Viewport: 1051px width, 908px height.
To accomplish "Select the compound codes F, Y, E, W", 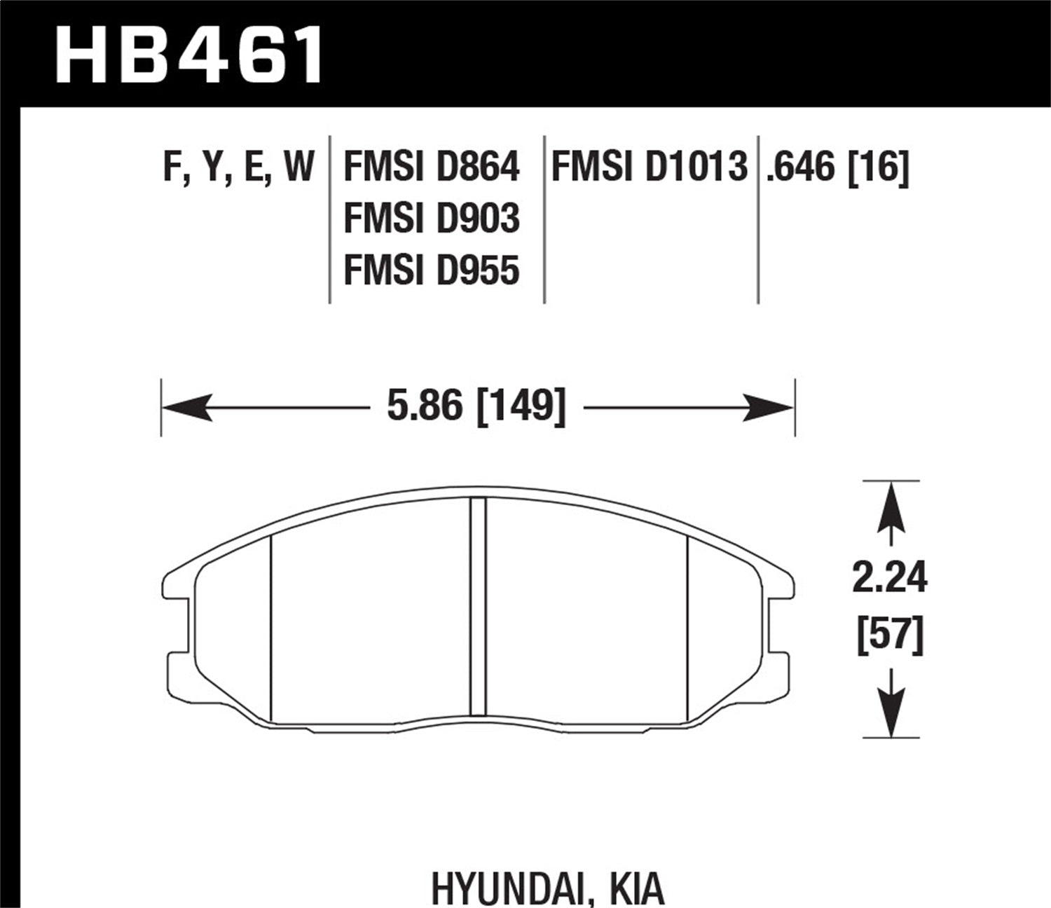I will click(238, 169).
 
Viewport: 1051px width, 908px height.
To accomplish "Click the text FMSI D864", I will click(432, 168).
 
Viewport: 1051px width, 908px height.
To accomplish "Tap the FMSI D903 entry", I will click(432, 219).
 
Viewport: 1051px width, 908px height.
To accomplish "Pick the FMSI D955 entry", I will click(432, 270).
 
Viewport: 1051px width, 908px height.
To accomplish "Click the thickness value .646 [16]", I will click(837, 168).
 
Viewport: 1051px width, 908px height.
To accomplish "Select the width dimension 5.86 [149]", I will click(476, 406).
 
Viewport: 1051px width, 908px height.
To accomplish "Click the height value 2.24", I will click(890, 579).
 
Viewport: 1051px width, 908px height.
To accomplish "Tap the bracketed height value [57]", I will click(890, 635).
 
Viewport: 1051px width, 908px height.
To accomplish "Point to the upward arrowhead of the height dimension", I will click(891, 504).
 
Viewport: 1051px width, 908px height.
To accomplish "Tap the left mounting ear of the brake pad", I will click(177, 585).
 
